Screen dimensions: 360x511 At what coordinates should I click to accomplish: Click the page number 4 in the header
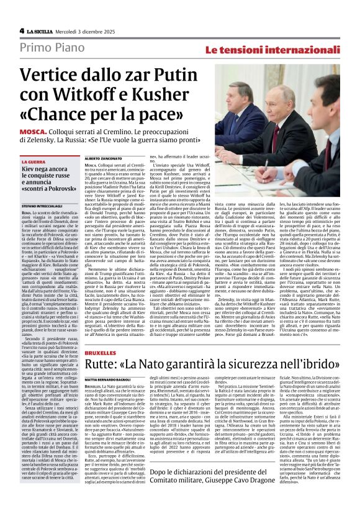(22, 30)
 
